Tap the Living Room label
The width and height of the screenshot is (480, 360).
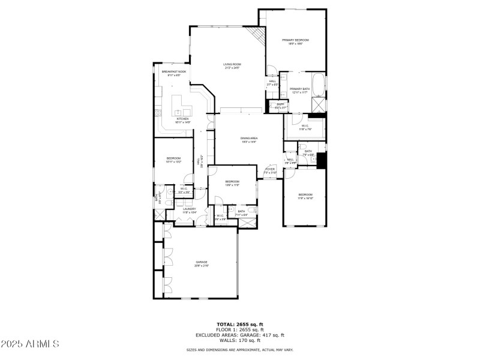[232, 65]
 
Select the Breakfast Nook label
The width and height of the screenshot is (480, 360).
[173, 73]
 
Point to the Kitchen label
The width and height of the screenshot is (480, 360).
[182, 120]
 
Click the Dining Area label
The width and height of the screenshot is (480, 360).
[249, 140]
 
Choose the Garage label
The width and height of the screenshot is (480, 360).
[201, 263]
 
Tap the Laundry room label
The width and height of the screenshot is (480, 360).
[190, 210]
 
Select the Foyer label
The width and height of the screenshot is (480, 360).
[270, 170]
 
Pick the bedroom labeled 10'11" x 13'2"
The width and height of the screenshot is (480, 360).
[173, 160]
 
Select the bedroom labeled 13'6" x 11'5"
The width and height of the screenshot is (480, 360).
[232, 182]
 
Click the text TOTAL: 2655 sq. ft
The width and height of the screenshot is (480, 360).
[239, 325]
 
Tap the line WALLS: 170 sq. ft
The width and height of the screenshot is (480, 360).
[239, 340]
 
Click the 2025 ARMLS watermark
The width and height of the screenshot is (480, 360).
[30, 344]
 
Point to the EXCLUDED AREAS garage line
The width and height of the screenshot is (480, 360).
[239, 335]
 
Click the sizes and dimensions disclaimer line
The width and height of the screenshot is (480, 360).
[239, 350]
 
